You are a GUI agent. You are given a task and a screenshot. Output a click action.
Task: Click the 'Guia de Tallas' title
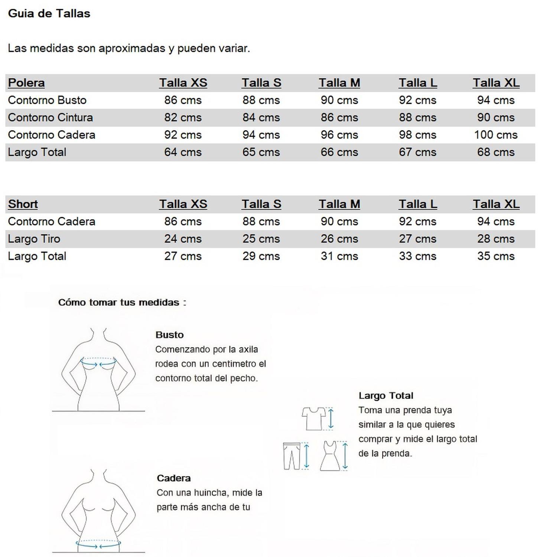coord(49,14)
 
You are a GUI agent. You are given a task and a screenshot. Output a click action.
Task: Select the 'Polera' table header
coord(26,83)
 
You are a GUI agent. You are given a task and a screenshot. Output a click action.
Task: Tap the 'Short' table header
coord(23,204)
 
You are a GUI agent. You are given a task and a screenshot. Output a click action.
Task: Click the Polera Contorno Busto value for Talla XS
coord(183,100)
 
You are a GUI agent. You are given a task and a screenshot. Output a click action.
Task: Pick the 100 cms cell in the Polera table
coord(495,135)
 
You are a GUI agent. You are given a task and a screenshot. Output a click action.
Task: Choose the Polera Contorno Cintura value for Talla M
coord(339,118)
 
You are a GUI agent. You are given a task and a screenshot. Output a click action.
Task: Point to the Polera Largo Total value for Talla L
coord(417,152)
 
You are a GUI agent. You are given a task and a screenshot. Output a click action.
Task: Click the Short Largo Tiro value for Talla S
coord(261,239)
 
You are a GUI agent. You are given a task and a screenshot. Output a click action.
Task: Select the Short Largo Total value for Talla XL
coord(495,256)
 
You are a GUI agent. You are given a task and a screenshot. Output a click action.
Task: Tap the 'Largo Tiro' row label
coord(34,239)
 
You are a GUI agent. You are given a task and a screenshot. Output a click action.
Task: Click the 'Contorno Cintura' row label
coord(50,118)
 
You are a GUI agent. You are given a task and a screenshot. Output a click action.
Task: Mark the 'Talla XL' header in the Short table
coord(496,204)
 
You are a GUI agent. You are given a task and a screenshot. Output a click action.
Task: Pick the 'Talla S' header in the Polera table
coord(261,83)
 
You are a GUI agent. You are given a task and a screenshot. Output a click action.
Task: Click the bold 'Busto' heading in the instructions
coord(169,335)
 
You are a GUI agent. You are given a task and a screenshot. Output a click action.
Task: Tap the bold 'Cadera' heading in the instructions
coord(173,478)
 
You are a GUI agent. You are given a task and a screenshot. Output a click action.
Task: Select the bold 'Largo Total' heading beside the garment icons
coord(386,396)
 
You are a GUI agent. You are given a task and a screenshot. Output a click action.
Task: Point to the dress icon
coord(330,456)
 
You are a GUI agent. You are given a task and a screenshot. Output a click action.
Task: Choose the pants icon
coord(292,456)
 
